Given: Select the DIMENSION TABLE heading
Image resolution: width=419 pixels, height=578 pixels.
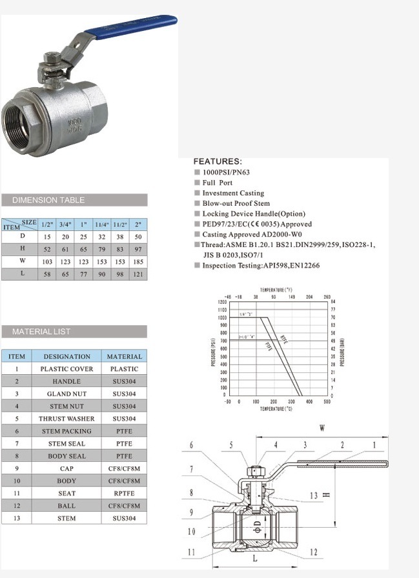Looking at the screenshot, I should point(48,200).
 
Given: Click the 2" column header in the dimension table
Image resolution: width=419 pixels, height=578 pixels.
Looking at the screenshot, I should point(138,224).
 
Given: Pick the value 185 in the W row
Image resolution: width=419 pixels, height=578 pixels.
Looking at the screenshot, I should point(138,262).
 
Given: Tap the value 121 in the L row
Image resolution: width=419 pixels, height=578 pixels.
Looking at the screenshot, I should point(138,274).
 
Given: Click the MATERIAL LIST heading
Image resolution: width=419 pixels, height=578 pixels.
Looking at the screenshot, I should point(41,332).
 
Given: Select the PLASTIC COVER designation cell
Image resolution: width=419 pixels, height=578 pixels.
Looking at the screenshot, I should point(66,369).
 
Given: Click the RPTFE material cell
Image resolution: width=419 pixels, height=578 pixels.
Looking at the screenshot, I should point(124,493).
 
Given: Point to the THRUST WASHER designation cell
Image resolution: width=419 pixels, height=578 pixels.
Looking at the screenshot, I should point(66,419).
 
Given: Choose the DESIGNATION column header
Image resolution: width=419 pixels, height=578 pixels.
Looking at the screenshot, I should point(66,356).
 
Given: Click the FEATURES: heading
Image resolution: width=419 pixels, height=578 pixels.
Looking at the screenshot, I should point(218,161).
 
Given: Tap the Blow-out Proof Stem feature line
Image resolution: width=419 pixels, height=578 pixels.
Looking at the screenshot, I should point(236,203).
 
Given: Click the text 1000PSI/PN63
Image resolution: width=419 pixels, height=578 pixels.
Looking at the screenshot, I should point(227,172).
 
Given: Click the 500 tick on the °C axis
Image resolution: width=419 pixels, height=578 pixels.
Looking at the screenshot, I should point(327,401).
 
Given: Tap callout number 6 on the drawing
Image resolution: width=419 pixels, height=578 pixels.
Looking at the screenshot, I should point(191,444).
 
